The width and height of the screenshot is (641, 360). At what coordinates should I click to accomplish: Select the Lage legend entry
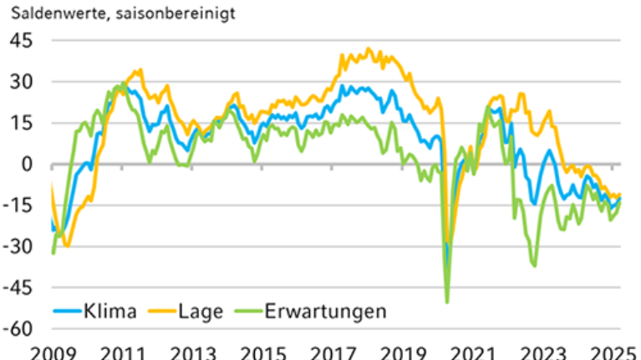point(199,312)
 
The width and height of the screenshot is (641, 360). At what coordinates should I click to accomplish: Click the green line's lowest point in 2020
point(447,302)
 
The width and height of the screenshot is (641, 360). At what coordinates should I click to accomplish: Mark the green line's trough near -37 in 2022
point(534,266)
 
